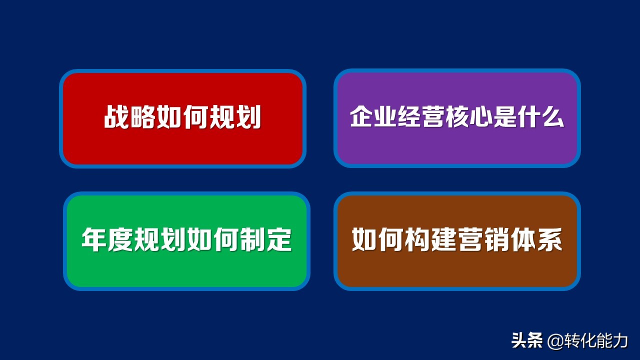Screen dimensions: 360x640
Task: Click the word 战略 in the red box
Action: pyautogui.click(x=130, y=118)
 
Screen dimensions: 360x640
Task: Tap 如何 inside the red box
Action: pyautogui.click(x=182, y=118)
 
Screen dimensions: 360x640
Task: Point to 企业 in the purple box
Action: pyautogui.click(x=373, y=117)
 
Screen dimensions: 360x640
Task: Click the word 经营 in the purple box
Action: pyautogui.click(x=421, y=117)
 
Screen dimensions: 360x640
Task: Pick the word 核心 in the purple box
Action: pyautogui.click(x=469, y=117)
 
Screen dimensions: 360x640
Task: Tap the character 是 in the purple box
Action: pyautogui.click(x=505, y=117)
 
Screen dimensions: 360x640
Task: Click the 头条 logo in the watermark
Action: pyautogui.click(x=527, y=341)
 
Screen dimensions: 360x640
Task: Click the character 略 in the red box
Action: pyautogui.click(x=143, y=118)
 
